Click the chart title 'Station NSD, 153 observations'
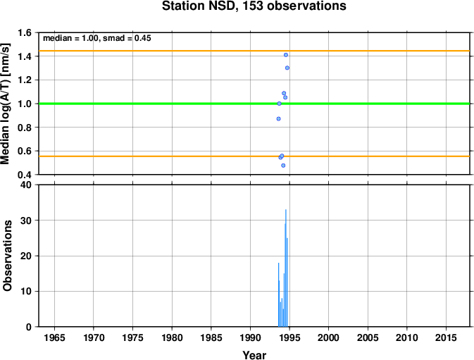(254, 6)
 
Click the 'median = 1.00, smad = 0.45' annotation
(97, 38)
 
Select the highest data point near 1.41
(286, 55)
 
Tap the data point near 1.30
(287, 68)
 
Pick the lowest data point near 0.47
(283, 166)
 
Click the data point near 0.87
(278, 119)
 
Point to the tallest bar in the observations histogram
(286, 268)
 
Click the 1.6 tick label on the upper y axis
(25, 32)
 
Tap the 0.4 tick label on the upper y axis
(25, 175)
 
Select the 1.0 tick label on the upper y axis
(25, 104)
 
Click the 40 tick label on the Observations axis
(25, 185)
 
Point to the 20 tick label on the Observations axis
(25, 256)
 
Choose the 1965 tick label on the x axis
(54, 337)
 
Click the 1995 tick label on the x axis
(289, 337)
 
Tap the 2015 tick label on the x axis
(447, 337)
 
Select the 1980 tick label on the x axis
(172, 337)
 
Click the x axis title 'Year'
(254, 355)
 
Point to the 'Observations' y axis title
(7, 256)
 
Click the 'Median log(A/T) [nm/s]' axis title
(6, 104)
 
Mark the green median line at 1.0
(254, 104)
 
